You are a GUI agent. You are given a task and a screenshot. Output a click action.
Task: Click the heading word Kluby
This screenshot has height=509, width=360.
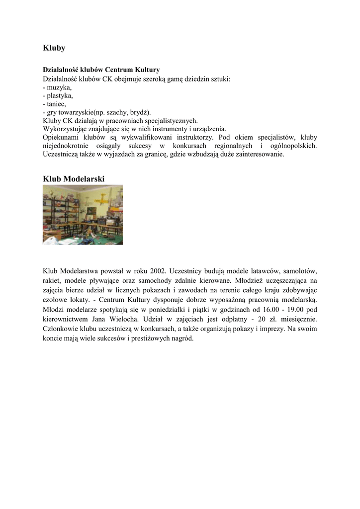54,48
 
